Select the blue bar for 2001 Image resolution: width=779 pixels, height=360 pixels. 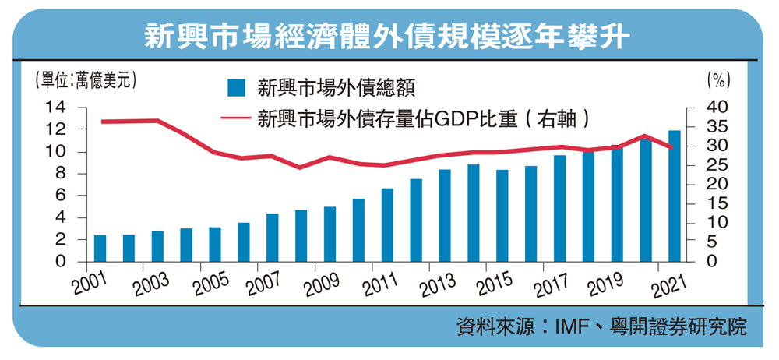[100, 249]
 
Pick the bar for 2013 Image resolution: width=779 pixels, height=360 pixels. [445, 216]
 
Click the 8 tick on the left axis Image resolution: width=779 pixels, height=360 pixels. [58, 174]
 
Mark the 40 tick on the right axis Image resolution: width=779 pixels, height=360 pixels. [718, 107]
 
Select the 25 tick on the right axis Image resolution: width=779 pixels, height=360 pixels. [718, 165]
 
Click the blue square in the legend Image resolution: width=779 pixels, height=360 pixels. [236, 87]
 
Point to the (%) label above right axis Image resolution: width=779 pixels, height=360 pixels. [717, 79]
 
